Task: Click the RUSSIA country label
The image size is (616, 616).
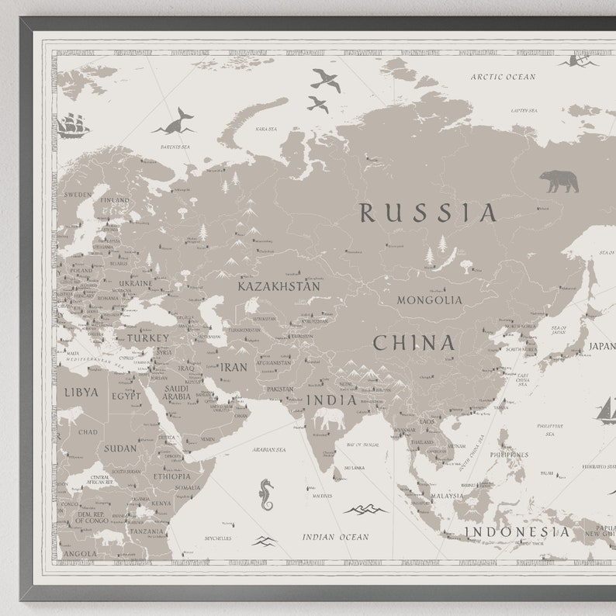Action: [427, 213]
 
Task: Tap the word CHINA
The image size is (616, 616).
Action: [414, 343]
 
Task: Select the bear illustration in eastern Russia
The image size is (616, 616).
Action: [559, 182]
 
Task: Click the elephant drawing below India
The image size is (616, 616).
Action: [330, 420]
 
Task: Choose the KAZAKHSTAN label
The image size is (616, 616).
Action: [279, 286]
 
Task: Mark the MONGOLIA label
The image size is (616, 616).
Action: [429, 300]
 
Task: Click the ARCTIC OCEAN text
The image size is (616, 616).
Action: [503, 77]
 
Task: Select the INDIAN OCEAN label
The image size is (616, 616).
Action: [335, 537]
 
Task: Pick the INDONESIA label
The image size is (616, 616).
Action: [517, 532]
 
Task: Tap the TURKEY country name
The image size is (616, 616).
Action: [147, 338]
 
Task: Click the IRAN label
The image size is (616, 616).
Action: [234, 368]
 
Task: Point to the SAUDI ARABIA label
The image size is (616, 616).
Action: [176, 392]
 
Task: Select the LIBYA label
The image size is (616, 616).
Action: [81, 393]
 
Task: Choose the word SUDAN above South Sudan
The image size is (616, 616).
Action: [120, 448]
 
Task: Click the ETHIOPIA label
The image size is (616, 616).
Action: [171, 476]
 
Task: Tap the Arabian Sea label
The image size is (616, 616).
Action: [268, 449]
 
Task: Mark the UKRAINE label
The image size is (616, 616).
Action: [136, 283]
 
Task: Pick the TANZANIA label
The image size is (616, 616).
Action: [147, 531]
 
